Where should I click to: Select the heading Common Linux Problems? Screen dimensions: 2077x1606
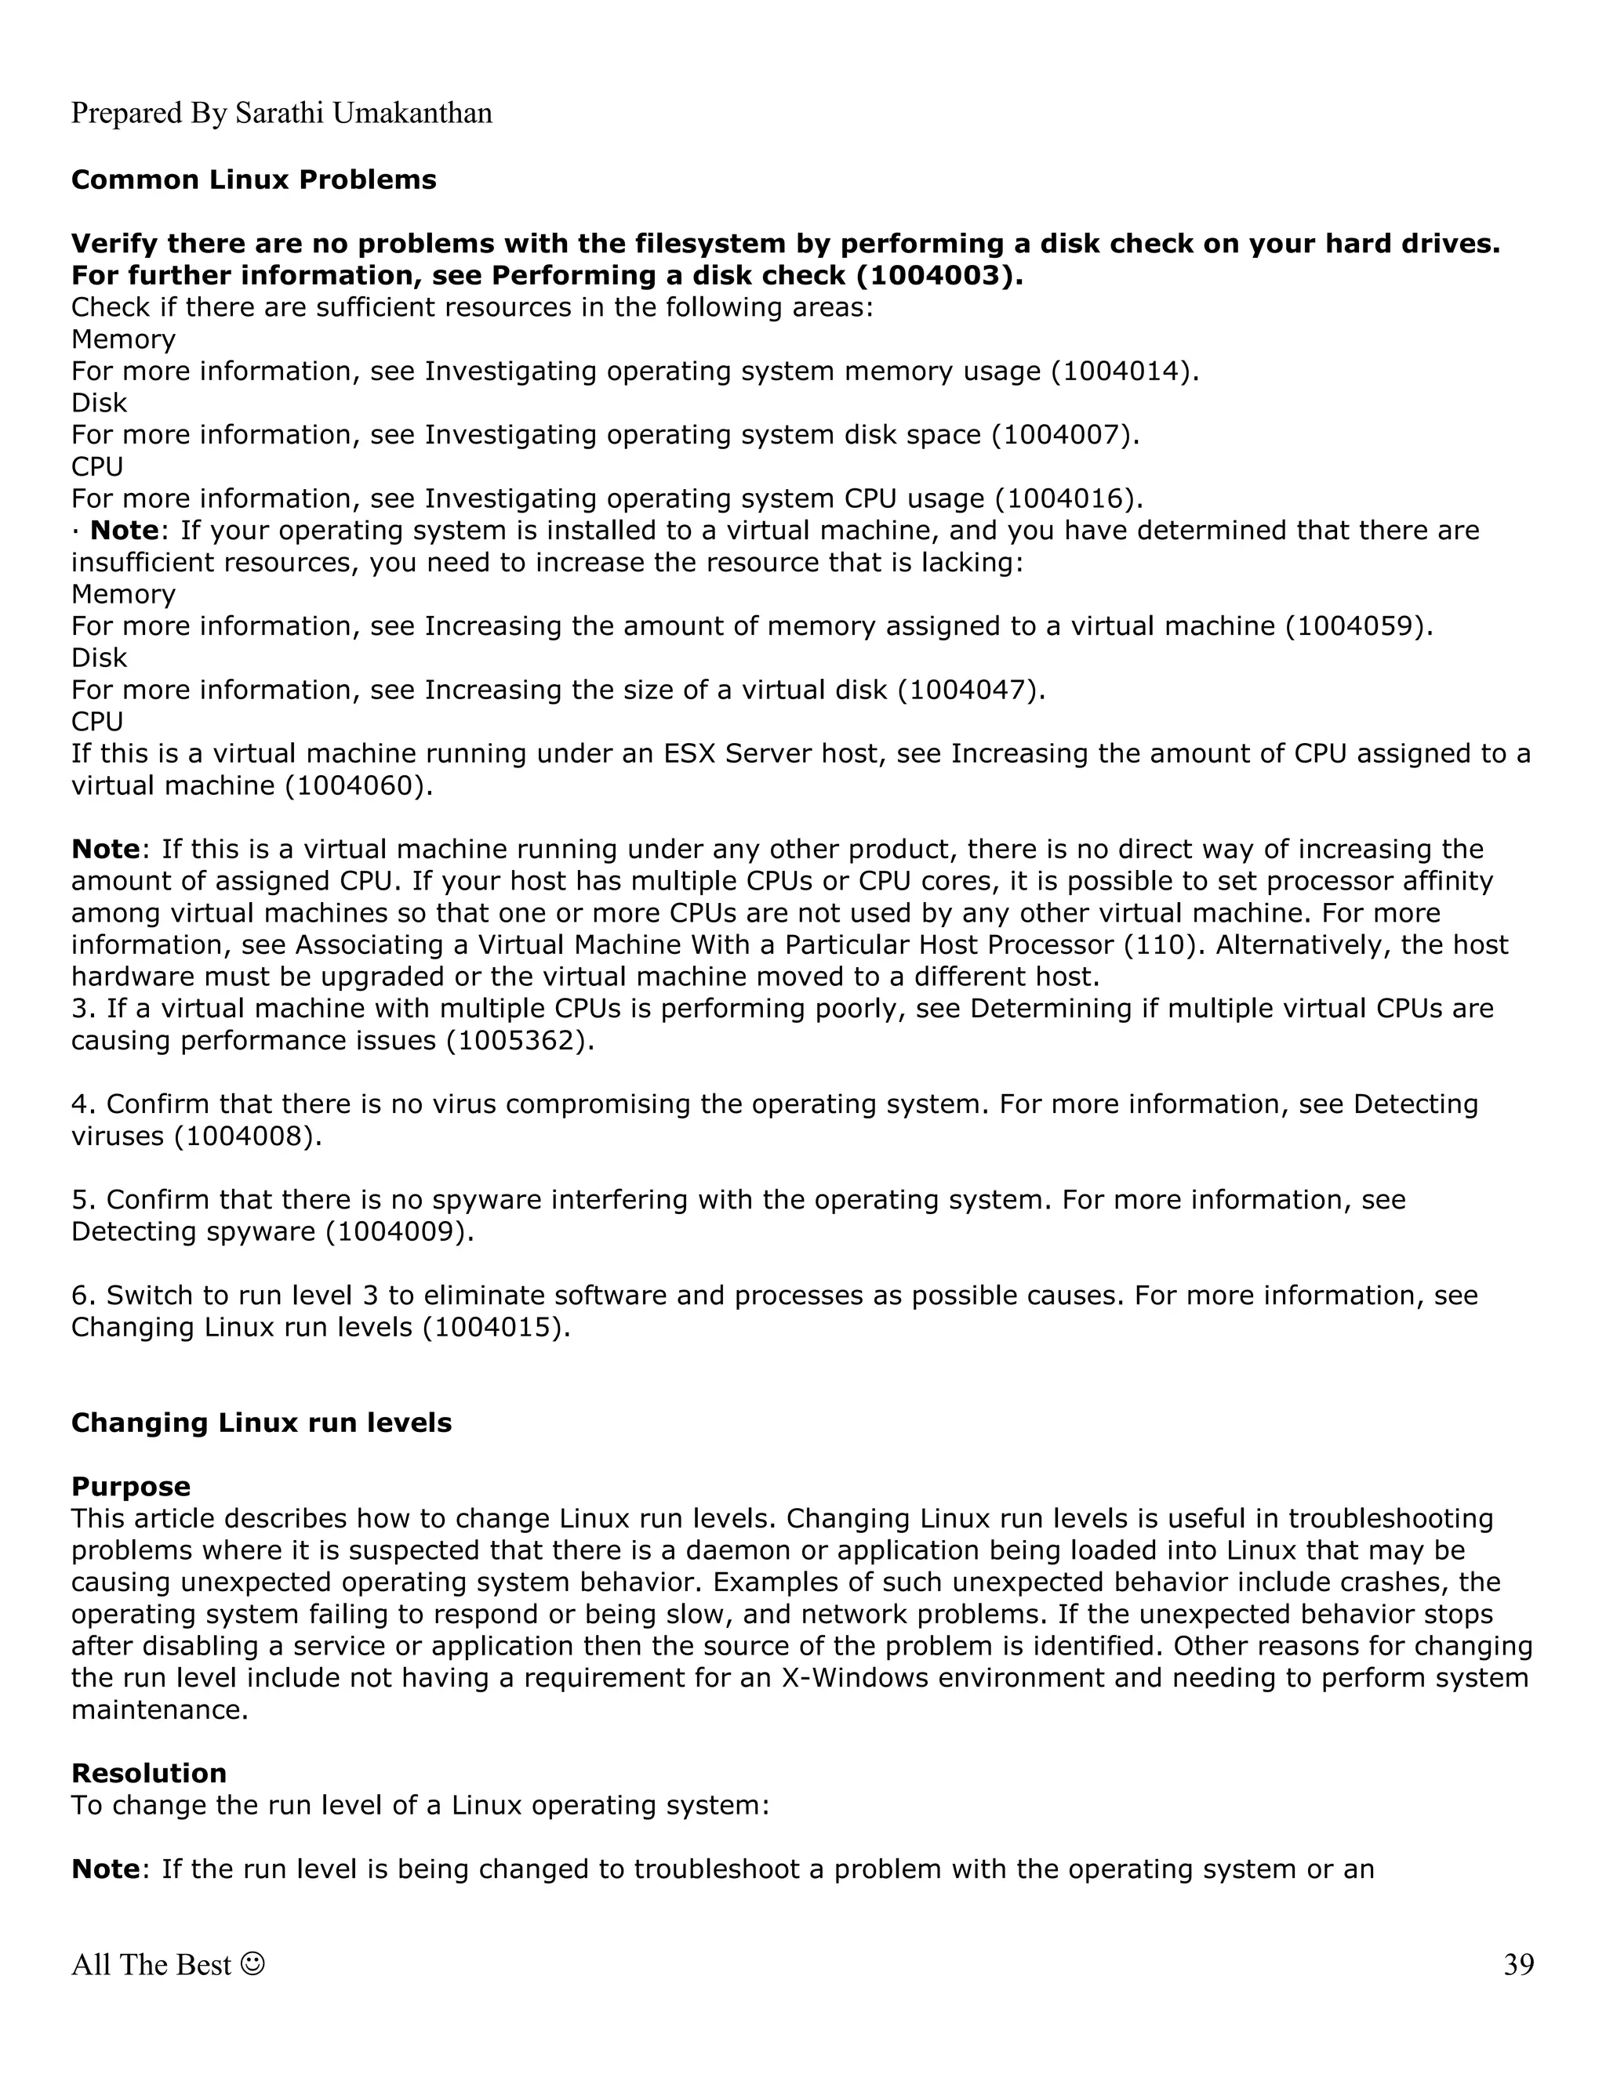pyautogui.click(x=253, y=179)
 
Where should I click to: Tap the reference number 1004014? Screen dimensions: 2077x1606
pyautogui.click(x=1120, y=371)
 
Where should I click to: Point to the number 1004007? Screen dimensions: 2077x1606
pyautogui.click(x=1061, y=435)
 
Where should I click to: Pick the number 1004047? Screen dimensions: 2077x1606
pyautogui.click(x=967, y=690)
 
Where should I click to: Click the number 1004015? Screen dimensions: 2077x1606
pyautogui.click(x=492, y=1328)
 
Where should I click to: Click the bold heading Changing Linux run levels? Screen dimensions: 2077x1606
pyautogui.click(x=260, y=1423)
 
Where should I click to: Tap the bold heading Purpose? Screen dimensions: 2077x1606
pyautogui.click(x=130, y=1486)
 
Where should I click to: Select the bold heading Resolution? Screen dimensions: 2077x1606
pyautogui.click(x=148, y=1773)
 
